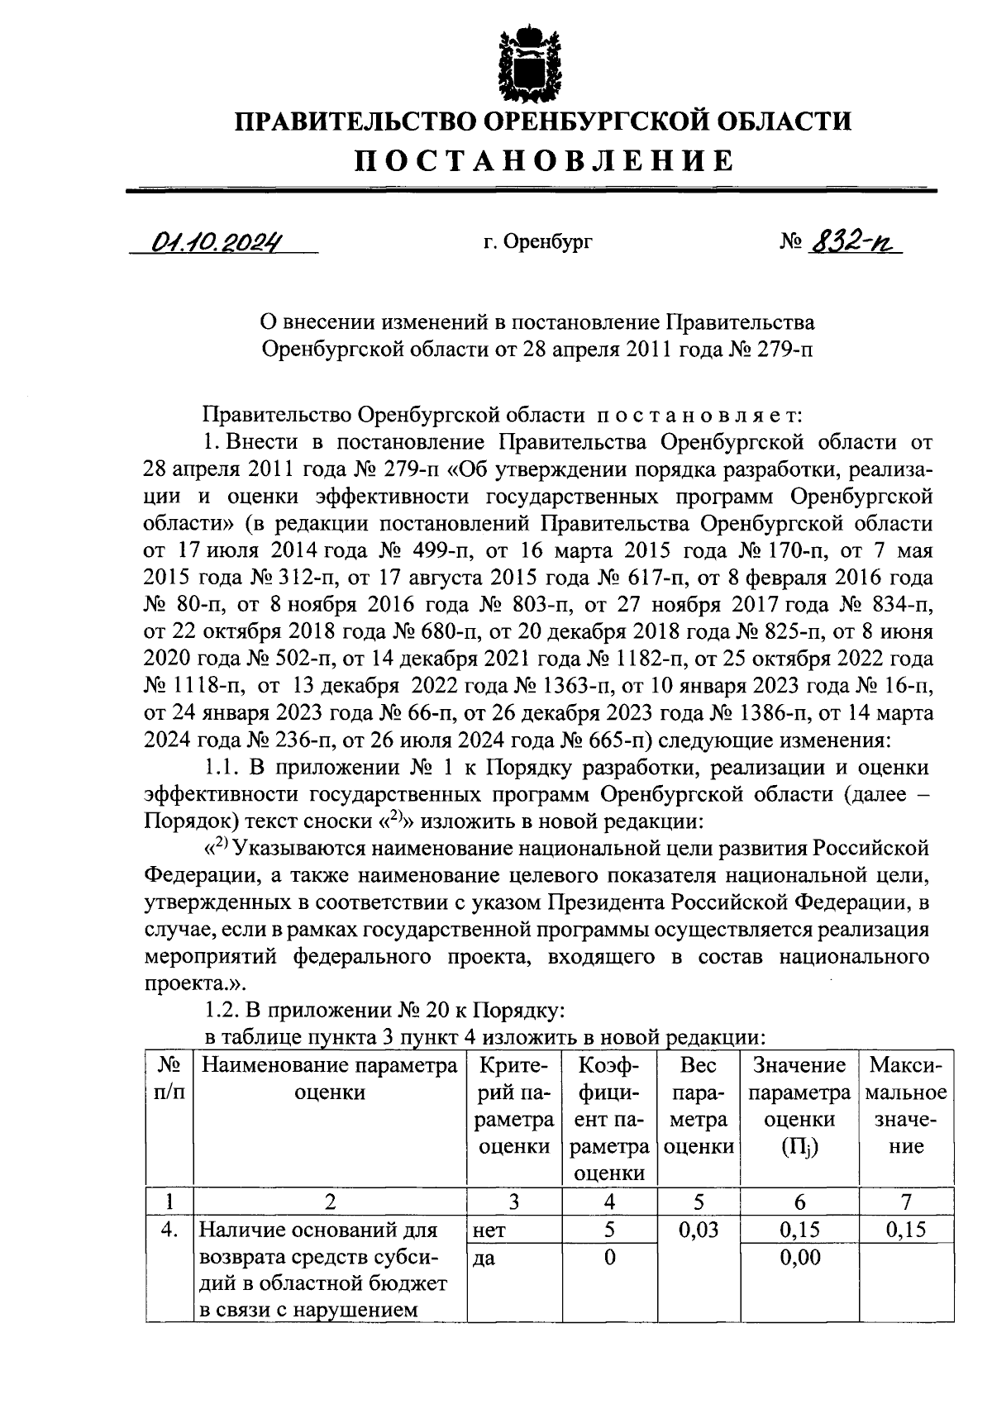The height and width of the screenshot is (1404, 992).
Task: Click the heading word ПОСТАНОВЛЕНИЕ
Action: (x=545, y=160)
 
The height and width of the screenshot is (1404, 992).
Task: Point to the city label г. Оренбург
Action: (x=538, y=243)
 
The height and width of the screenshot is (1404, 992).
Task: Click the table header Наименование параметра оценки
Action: (x=329, y=1079)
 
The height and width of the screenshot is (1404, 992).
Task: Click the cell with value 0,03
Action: (x=699, y=1230)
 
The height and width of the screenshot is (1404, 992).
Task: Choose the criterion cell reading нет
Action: (x=489, y=1230)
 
